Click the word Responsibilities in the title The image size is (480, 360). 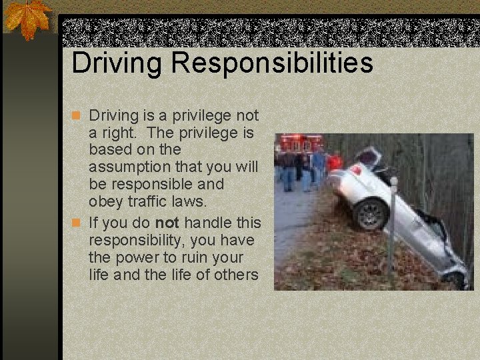271,64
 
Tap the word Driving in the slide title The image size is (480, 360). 117,64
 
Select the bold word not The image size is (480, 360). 167,222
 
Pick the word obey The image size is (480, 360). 104,201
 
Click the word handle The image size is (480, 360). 207,222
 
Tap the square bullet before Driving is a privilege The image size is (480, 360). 77,115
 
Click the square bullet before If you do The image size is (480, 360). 77,223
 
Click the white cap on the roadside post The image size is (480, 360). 393,180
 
